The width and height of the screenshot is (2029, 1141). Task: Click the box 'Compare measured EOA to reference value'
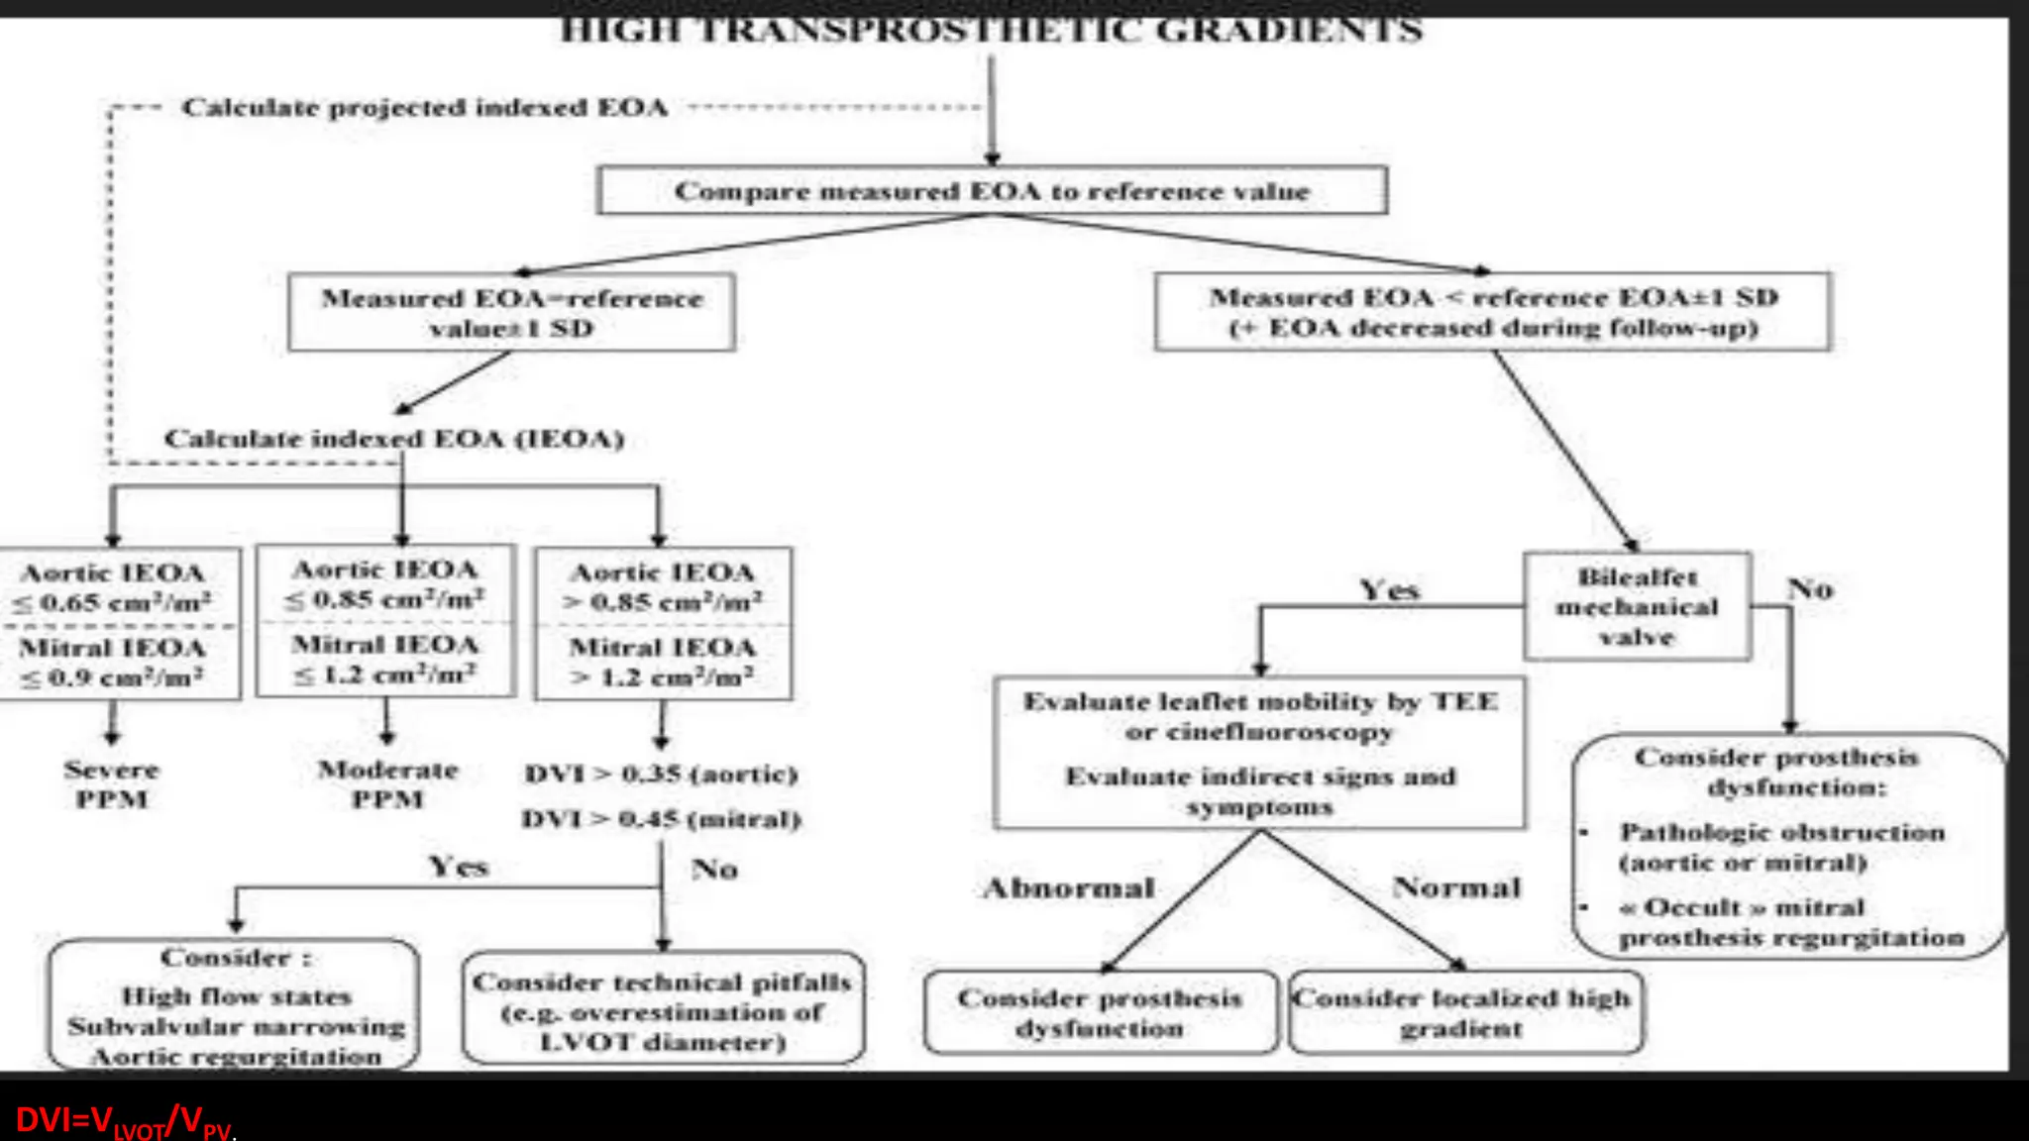coord(992,190)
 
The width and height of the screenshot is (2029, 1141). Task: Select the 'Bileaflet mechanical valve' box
coord(1637,606)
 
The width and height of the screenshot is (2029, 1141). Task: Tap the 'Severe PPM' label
coord(112,783)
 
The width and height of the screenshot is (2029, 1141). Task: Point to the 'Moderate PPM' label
coord(387,783)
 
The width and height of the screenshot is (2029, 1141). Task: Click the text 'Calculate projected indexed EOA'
coord(424,107)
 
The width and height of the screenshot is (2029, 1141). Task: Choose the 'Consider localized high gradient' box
coord(1463,1012)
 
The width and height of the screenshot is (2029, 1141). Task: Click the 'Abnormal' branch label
coord(1069,887)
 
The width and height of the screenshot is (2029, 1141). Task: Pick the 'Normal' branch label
coord(1456,886)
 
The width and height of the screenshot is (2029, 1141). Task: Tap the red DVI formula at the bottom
coord(124,1120)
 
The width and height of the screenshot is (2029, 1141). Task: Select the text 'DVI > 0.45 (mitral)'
coord(661,819)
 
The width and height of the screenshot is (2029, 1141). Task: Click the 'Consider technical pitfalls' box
coord(662,1010)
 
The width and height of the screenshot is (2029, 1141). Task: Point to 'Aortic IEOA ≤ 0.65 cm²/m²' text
coord(113,587)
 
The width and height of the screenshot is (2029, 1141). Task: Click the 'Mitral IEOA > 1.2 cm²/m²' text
coord(662,662)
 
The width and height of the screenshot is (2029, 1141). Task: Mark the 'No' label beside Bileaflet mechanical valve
coord(1810,589)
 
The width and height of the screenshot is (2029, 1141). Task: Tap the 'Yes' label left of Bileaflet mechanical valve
coord(1389,590)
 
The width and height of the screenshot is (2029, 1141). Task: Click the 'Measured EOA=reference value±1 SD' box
coord(511,312)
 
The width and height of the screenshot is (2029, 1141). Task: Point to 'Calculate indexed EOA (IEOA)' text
coord(394,438)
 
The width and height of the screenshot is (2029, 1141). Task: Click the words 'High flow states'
coord(236,995)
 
